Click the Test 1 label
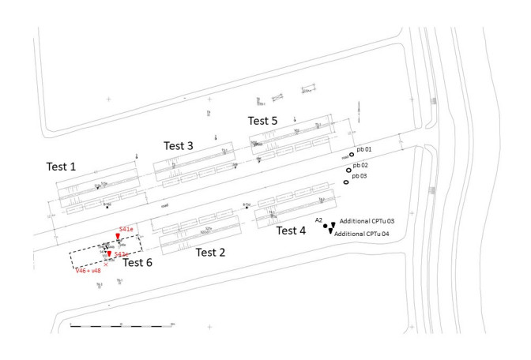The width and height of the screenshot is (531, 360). click(x=61, y=167)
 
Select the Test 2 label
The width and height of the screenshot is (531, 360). click(x=211, y=253)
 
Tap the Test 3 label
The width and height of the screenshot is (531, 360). click(x=179, y=145)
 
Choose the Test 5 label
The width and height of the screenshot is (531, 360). click(x=262, y=121)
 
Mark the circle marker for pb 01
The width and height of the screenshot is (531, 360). click(x=352, y=156)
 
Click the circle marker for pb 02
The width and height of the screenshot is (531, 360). click(x=348, y=170)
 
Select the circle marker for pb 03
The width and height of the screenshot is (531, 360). click(x=345, y=182)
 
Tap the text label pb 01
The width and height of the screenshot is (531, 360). click(x=364, y=149)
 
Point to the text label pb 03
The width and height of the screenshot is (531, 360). click(x=360, y=176)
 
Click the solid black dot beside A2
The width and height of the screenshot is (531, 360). click(x=326, y=226)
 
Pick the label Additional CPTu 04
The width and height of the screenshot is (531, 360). click(x=363, y=234)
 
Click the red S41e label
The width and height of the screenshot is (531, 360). click(x=126, y=228)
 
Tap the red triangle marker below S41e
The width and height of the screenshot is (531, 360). click(x=118, y=237)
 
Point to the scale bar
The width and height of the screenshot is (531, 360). click(x=122, y=324)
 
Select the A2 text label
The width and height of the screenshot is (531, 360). click(x=319, y=219)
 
